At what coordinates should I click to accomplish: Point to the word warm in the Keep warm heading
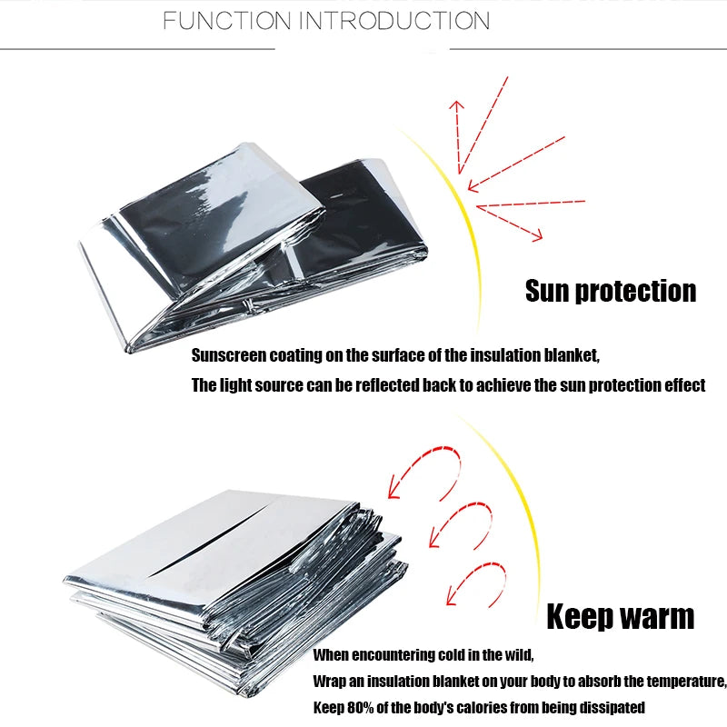(659, 617)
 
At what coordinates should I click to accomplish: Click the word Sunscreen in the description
(226, 354)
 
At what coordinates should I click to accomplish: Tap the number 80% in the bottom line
(361, 707)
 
